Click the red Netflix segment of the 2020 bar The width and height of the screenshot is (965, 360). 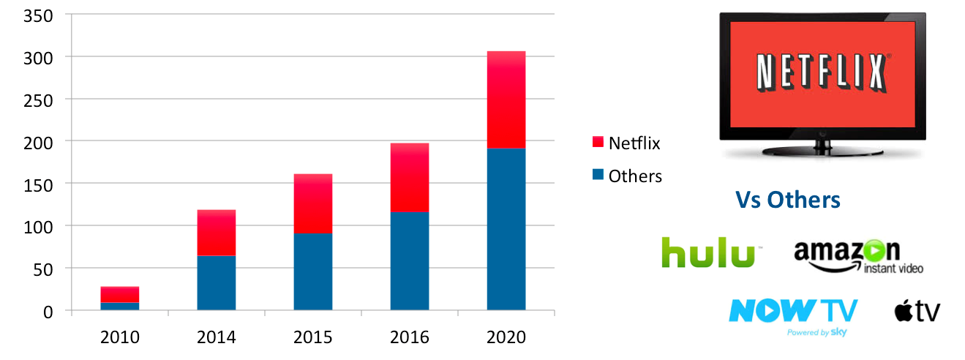click(x=506, y=100)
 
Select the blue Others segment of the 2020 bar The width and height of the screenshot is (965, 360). click(x=506, y=229)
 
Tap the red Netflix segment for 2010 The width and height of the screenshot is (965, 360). click(x=120, y=294)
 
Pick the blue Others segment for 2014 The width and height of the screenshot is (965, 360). click(x=217, y=282)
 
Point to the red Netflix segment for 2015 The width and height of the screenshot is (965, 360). click(x=313, y=204)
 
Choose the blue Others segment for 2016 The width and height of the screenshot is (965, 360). click(x=410, y=260)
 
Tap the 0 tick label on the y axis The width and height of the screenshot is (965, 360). click(x=48, y=311)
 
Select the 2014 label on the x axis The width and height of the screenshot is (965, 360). click(x=217, y=337)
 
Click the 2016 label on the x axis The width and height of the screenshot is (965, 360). click(x=410, y=337)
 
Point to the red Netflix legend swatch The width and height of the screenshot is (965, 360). click(x=597, y=143)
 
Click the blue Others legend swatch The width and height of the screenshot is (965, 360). click(x=597, y=176)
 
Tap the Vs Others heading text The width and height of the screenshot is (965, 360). click(x=788, y=200)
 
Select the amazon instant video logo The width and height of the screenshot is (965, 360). click(x=857, y=257)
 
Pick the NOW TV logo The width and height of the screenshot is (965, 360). click(x=792, y=313)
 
